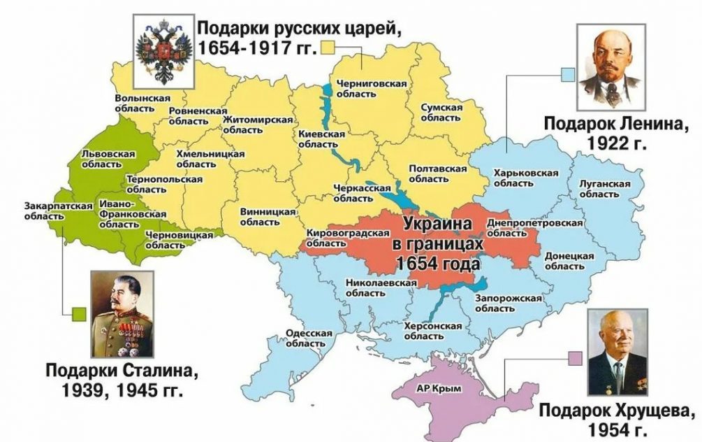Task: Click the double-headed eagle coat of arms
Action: coord(163,50)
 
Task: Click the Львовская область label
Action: coord(103,157)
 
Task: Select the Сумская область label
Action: coord(441,112)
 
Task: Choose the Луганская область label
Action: coord(604,188)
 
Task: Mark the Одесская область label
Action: coord(309,338)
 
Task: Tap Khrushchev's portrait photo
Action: coord(617,354)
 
